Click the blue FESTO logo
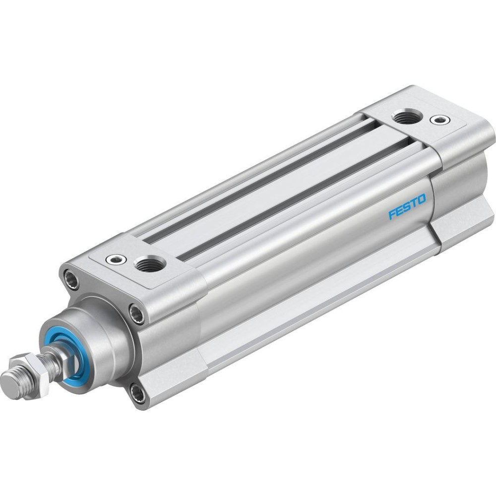407,207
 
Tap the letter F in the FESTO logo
392,214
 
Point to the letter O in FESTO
422,199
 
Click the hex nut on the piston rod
30,367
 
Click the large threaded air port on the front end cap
150,264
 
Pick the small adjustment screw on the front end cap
116,260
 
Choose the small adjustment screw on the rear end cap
439,120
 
